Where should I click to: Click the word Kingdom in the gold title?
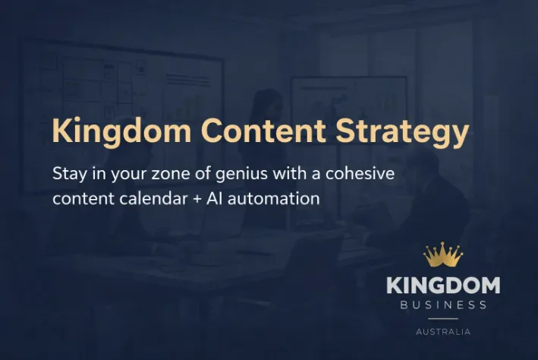[x=121, y=131]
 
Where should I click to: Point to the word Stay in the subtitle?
[x=69, y=173]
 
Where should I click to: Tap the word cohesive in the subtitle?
[x=360, y=173]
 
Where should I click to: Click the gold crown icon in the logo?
[x=443, y=255]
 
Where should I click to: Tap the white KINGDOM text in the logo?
[x=443, y=286]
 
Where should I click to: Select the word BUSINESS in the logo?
[x=443, y=305]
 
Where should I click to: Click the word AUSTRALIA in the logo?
[x=443, y=332]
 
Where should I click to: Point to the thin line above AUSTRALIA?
[x=443, y=319]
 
